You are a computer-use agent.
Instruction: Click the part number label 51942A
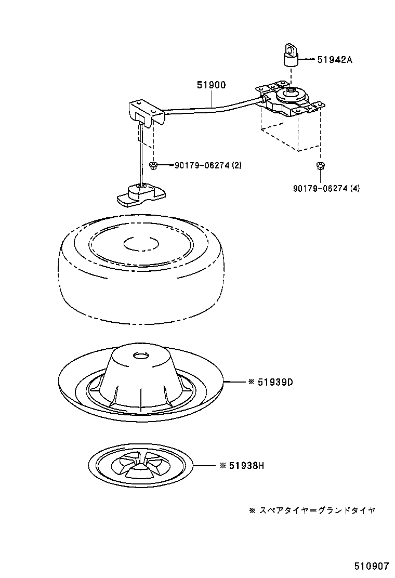[335, 60]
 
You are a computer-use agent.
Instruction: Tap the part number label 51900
[211, 85]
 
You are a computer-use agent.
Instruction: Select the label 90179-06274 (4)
[325, 188]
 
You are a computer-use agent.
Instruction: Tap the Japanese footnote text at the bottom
[312, 510]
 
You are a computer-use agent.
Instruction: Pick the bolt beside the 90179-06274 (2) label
[153, 165]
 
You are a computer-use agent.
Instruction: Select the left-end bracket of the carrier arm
[146, 113]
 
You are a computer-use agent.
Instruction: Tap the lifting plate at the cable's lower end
[140, 194]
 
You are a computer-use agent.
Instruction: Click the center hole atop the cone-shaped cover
[140, 356]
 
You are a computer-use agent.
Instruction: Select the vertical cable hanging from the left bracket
[141, 156]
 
